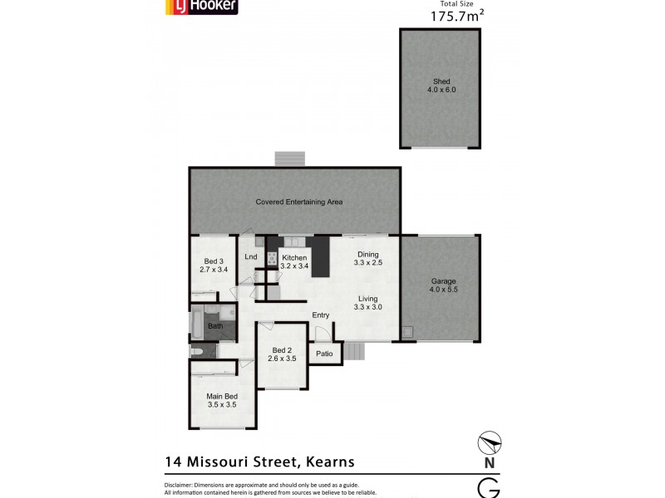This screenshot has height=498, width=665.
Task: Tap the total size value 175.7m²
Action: point(456,16)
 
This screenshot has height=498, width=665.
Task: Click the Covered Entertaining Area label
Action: point(299,202)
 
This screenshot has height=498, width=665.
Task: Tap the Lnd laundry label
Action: point(250,256)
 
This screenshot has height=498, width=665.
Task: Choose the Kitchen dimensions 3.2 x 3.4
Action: point(295,266)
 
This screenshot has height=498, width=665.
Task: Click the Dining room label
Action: point(367,255)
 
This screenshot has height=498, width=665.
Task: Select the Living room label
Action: point(367,299)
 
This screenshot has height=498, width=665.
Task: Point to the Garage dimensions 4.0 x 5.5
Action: point(442,290)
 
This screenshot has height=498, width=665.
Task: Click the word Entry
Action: point(321,315)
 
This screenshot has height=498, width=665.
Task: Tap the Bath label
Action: point(215,326)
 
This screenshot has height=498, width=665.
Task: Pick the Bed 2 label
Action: point(282,350)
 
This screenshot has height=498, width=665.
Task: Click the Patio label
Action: point(323,354)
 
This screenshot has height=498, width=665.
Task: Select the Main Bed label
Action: point(222,397)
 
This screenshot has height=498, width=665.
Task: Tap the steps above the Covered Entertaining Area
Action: point(290,159)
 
